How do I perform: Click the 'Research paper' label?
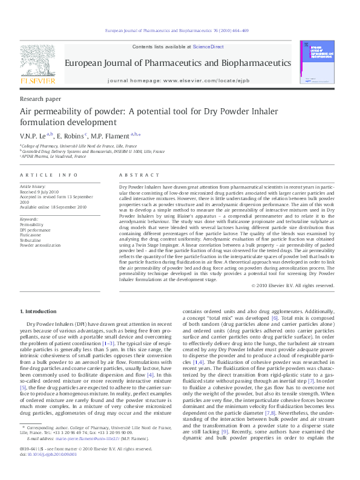[41, 98]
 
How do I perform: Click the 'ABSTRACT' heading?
[135, 175]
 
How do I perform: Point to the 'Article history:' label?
[33, 188]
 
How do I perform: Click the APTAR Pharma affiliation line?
[53, 157]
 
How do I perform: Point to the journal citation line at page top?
[177, 30]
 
